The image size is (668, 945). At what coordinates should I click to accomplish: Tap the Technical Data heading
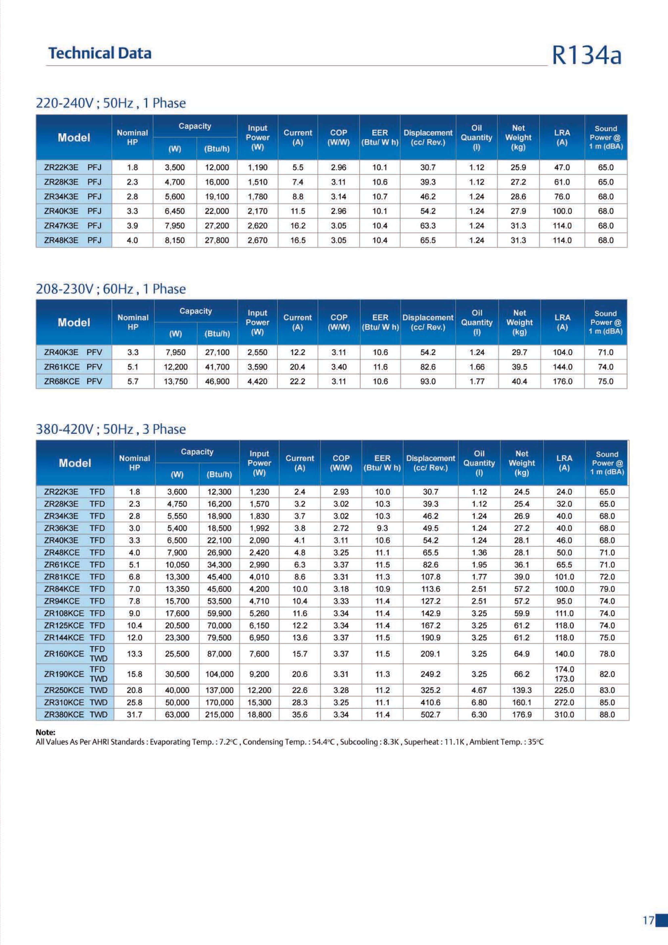coord(100,53)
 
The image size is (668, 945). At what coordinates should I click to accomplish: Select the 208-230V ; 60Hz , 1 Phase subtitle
coord(111,289)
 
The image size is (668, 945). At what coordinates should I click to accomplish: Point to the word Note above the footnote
coord(45,732)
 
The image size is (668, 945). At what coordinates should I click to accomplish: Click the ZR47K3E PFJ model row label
coord(73,226)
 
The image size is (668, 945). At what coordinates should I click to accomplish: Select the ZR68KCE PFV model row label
coord(73,381)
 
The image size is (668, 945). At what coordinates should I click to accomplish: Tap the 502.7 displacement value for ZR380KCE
coord(430,715)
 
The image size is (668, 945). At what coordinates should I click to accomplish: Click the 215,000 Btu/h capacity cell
coord(219,715)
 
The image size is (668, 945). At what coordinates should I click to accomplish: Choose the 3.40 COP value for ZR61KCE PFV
coord(339,367)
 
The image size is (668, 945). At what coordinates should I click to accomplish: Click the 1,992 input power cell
coord(259,528)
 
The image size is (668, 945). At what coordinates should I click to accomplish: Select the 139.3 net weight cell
coord(522,690)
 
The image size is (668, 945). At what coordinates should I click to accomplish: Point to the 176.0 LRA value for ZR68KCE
coord(562,381)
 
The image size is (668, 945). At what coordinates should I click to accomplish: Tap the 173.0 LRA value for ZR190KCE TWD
coord(564,679)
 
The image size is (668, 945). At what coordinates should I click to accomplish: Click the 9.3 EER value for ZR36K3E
coord(382,528)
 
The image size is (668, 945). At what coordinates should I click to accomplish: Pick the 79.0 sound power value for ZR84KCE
coord(607,589)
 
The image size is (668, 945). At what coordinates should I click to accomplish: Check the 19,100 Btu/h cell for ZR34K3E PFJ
coord(217,197)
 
